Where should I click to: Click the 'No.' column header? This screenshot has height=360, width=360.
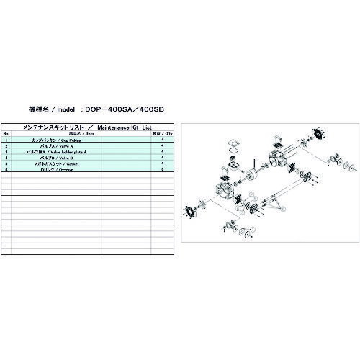[x=6, y=134]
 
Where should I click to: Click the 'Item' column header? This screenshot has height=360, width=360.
[x=80, y=134]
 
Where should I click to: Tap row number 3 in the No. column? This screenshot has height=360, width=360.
[x=6, y=152]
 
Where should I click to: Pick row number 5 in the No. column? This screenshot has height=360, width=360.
[x=6, y=164]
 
